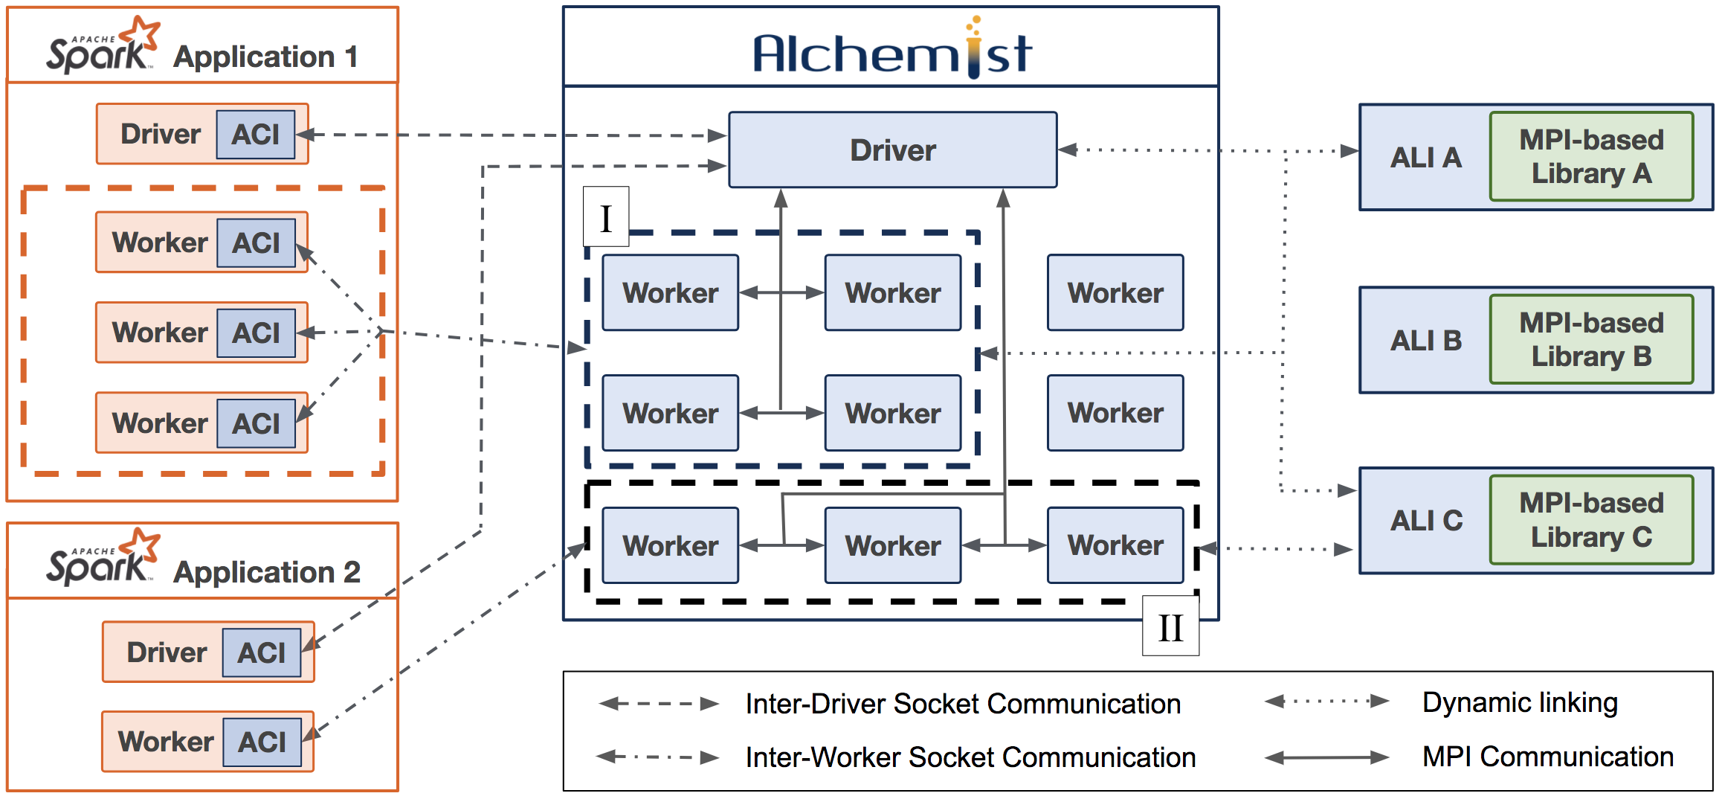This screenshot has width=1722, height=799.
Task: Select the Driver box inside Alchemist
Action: pyautogui.click(x=892, y=150)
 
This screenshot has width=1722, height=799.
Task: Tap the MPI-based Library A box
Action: pyautogui.click(x=1591, y=156)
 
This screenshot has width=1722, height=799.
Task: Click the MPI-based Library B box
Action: pyautogui.click(x=1591, y=339)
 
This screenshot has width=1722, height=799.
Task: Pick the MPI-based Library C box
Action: pyautogui.click(x=1591, y=520)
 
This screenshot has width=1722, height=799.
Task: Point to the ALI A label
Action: pyautogui.click(x=1425, y=158)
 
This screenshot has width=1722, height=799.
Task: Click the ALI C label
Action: pyautogui.click(x=1426, y=521)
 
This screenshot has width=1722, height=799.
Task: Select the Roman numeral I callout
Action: pyautogui.click(x=606, y=216)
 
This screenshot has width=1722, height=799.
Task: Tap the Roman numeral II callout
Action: pyautogui.click(x=1170, y=626)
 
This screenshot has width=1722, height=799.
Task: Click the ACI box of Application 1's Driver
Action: pyautogui.click(x=256, y=135)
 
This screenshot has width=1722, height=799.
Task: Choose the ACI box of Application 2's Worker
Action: pyautogui.click(x=262, y=742)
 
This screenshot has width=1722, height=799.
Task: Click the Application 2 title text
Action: pyautogui.click(x=267, y=572)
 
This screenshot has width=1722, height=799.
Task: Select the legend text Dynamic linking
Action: pyautogui.click(x=1520, y=702)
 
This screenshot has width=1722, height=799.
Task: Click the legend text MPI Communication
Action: pyautogui.click(x=1548, y=757)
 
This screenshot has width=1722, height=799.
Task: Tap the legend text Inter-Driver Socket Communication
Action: pyautogui.click(x=963, y=704)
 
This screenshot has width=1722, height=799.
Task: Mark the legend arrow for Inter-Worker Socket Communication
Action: pyautogui.click(x=658, y=757)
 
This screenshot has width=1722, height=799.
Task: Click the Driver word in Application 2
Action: pyautogui.click(x=167, y=652)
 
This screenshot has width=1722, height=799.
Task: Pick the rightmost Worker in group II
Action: pyautogui.click(x=1115, y=545)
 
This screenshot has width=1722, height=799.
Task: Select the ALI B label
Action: pyautogui.click(x=1426, y=341)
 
